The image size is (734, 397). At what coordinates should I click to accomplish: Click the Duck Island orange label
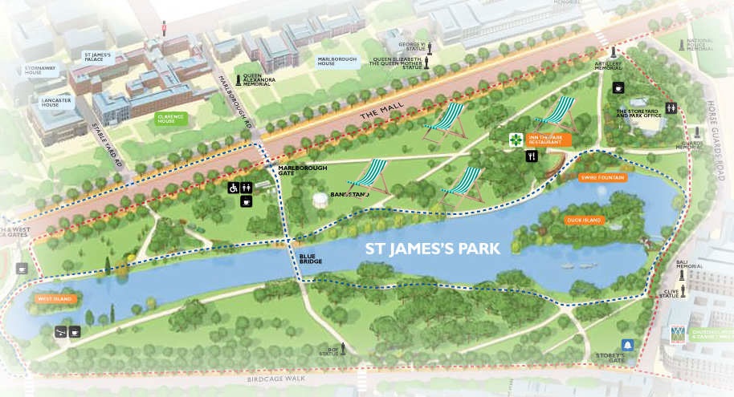tap(584, 220)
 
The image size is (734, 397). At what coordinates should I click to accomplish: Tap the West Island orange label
tap(55, 299)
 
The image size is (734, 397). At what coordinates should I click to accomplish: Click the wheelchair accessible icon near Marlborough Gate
tap(233, 188)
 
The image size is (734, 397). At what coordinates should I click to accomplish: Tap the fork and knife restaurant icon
tap(531, 157)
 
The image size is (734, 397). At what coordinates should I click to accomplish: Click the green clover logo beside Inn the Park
tap(513, 140)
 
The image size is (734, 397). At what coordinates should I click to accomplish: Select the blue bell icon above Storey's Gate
tap(628, 345)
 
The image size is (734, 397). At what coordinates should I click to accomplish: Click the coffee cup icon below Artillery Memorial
tap(618, 87)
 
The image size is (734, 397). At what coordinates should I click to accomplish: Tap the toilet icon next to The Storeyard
tap(670, 107)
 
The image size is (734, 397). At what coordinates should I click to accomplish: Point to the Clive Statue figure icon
tap(682, 272)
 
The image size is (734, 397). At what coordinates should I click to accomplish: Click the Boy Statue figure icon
tap(343, 348)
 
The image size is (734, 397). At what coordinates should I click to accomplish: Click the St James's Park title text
tap(433, 249)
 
